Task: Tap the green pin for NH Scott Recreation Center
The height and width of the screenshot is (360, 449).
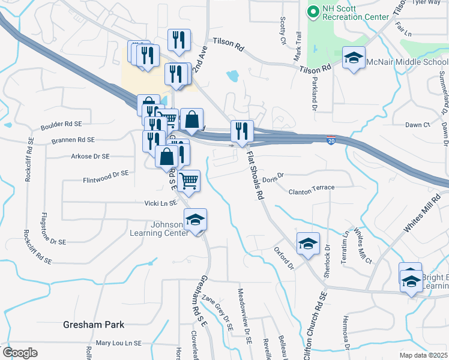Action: pos(313,11)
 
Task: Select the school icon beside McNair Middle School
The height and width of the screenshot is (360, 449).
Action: pos(354,58)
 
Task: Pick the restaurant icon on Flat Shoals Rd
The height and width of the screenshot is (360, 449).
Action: pos(242,131)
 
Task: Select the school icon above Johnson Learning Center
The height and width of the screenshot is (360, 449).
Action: pos(195,220)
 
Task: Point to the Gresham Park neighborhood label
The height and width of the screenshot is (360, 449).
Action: pos(94,325)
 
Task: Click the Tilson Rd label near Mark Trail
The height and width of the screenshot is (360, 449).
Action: pos(316,70)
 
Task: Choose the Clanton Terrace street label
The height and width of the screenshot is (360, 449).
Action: pos(312,188)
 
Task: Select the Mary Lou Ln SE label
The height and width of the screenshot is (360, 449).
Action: pos(118,343)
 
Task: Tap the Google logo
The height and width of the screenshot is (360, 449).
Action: pos(20,353)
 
